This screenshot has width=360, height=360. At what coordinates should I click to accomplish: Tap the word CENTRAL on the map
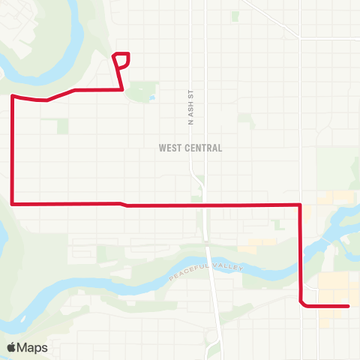click(202, 148)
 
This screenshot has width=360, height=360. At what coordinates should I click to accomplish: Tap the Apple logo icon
click(12, 347)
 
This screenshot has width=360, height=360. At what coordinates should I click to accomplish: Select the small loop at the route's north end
click(121, 59)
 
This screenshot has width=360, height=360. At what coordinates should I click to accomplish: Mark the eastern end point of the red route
click(349, 306)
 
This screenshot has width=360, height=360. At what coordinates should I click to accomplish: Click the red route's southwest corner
click(13, 202)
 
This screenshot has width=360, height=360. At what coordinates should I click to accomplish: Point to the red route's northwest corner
click(13, 96)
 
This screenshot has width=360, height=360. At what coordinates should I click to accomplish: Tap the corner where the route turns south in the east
click(301, 204)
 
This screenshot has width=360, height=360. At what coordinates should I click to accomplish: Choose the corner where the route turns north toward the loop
click(122, 89)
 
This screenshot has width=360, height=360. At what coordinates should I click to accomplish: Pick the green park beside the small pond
click(139, 92)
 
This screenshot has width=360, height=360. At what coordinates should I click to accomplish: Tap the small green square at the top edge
click(235, 15)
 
